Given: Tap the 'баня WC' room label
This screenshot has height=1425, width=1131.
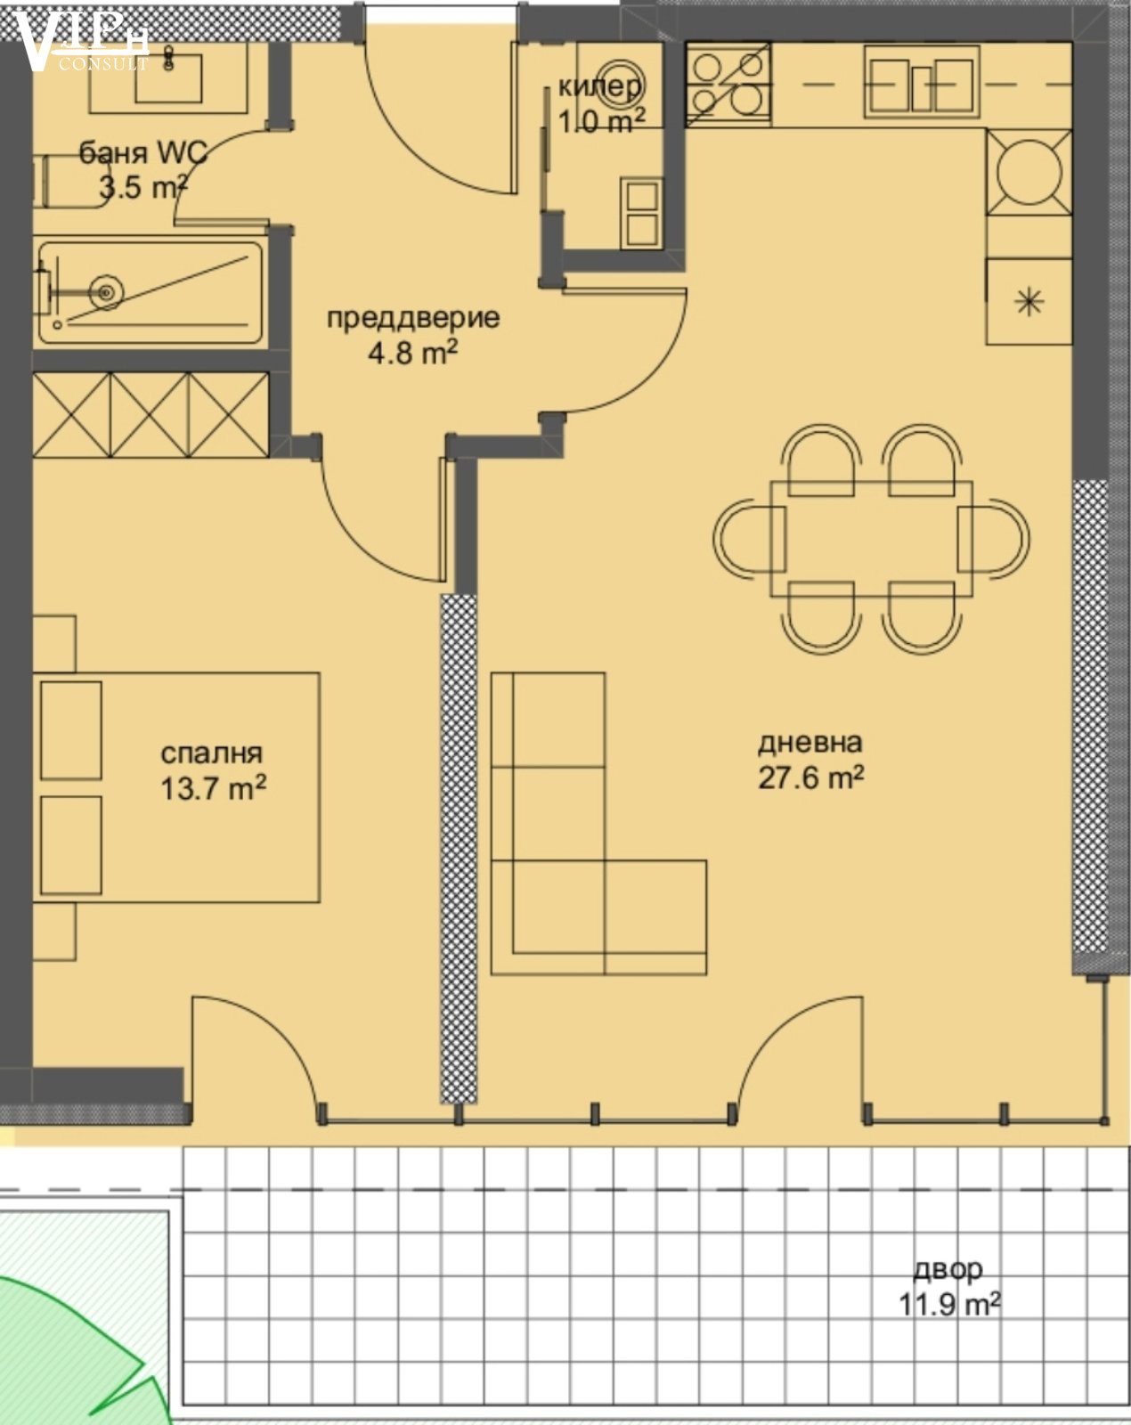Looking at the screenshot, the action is click(x=143, y=153).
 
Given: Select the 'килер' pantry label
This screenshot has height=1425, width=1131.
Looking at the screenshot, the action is click(x=600, y=86).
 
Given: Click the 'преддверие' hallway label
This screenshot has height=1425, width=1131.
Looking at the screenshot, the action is click(x=413, y=319).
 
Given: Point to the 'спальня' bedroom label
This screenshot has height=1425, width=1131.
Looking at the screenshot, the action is click(x=212, y=753).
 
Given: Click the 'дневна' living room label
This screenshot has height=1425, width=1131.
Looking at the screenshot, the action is click(x=810, y=742).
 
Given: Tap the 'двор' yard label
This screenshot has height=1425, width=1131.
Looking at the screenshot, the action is click(x=948, y=1269).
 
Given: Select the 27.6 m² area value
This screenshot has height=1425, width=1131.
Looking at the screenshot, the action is click(x=810, y=778).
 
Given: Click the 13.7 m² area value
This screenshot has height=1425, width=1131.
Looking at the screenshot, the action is click(x=213, y=788).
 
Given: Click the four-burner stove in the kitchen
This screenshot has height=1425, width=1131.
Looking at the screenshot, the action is click(x=728, y=84).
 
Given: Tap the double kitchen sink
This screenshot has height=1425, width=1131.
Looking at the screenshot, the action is click(x=921, y=81).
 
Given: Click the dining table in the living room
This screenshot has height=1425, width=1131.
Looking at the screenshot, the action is click(x=872, y=539).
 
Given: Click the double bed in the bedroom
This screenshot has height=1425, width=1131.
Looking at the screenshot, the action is click(x=176, y=787).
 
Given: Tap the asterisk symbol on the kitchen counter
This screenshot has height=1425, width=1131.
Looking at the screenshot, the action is click(x=1029, y=303).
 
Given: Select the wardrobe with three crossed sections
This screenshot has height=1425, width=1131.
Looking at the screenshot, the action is click(x=151, y=415).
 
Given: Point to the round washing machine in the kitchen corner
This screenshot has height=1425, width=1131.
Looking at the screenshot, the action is click(x=1029, y=172).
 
